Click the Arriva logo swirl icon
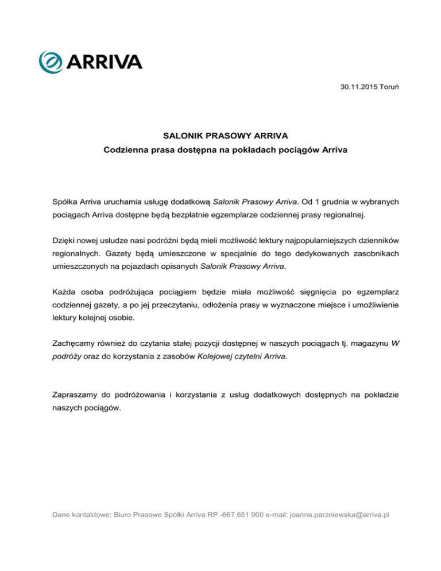[x=49, y=61]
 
